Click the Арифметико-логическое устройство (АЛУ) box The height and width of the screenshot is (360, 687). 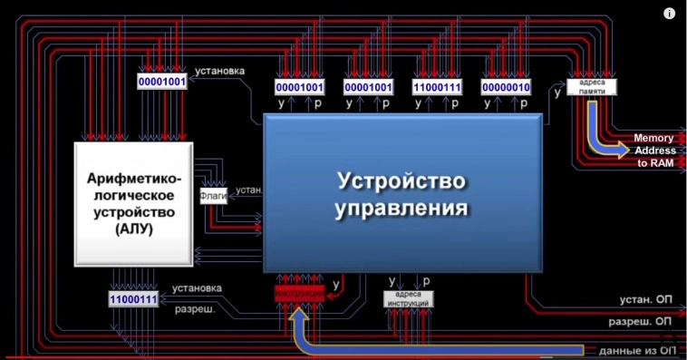coord(133,203)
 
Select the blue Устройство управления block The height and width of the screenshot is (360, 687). coord(402,192)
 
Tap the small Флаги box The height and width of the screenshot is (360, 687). coord(214,192)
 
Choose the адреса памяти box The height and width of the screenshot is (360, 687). coord(591,88)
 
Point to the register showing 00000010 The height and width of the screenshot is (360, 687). coord(506,87)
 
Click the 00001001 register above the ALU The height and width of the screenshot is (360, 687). coord(161,82)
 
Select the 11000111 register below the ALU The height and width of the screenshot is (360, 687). coord(133,298)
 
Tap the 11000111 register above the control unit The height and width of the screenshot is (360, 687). coord(437,87)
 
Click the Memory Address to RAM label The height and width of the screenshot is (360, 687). coord(653,151)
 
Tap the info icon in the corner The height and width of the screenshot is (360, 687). coord(669,14)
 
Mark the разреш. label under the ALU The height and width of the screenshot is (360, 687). coord(193,309)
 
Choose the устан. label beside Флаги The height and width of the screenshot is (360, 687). coord(247,191)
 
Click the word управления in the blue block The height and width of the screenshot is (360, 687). coord(402,208)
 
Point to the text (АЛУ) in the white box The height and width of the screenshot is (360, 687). coord(134,230)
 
